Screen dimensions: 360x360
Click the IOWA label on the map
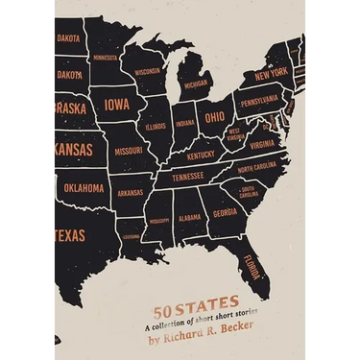(x=119, y=104)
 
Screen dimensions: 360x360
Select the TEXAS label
(x=69, y=235)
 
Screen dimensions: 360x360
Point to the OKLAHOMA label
(x=84, y=188)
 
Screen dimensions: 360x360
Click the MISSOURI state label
(x=129, y=151)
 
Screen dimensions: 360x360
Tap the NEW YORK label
(x=271, y=73)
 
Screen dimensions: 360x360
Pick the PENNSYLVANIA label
(x=259, y=99)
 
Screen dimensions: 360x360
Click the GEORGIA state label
(x=225, y=212)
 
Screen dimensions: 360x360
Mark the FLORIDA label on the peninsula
(x=252, y=260)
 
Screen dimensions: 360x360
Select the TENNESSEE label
(x=187, y=177)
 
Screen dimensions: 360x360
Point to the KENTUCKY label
(x=201, y=155)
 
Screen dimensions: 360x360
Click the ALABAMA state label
(x=190, y=217)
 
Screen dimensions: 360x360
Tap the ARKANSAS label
(x=131, y=193)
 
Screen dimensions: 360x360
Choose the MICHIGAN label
(x=196, y=84)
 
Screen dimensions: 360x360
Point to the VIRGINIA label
(x=262, y=145)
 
